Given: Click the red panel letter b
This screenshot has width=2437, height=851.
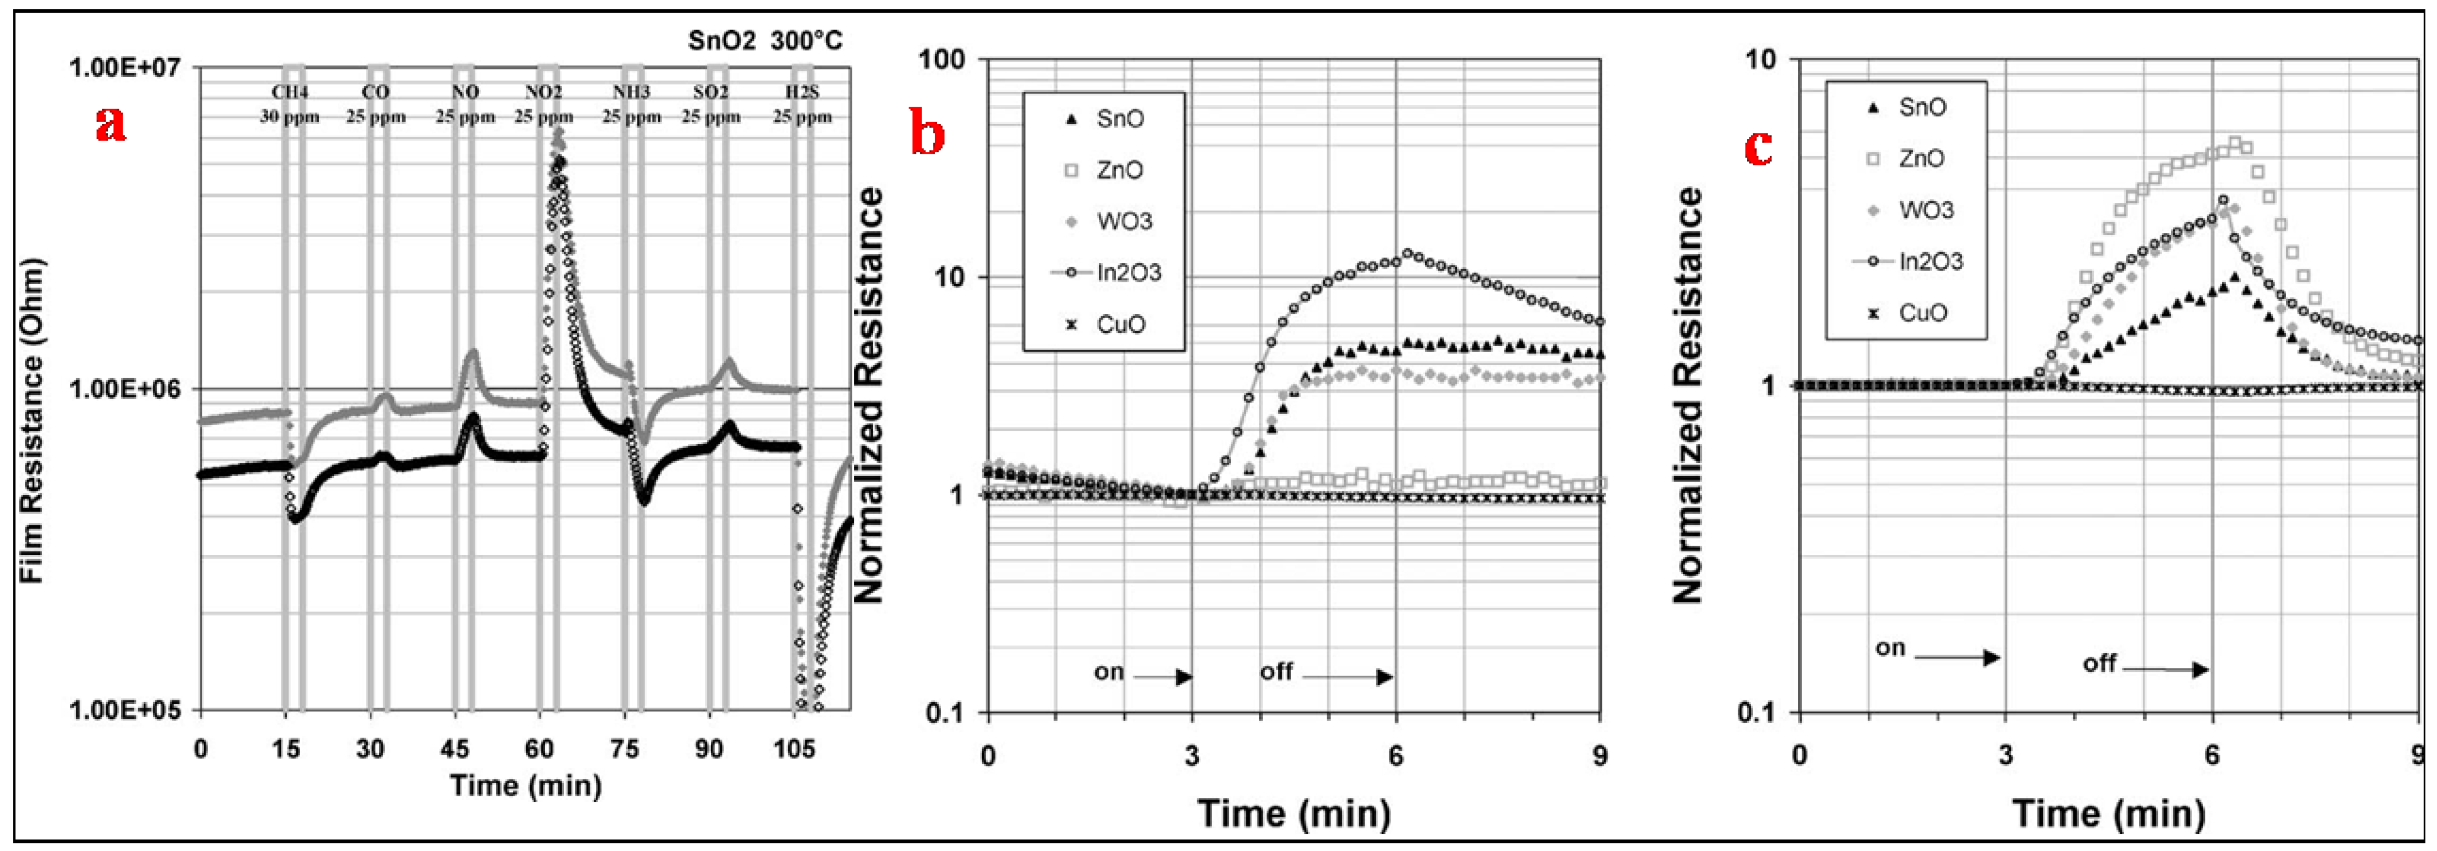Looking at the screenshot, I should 926,133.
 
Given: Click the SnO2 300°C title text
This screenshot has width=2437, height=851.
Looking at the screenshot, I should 764,41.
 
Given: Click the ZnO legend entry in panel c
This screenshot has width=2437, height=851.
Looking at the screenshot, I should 1920,158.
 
